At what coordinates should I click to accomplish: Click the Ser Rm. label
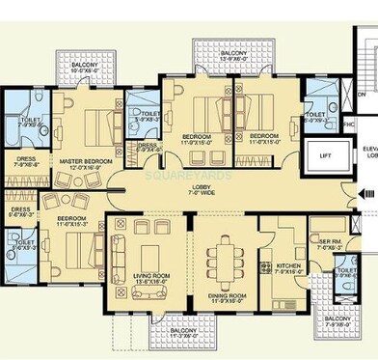pos(325,243)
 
